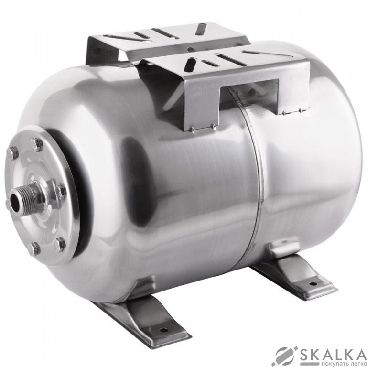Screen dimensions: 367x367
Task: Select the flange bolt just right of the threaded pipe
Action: tap(61, 191)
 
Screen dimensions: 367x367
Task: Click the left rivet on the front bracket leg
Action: tap(191, 129)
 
